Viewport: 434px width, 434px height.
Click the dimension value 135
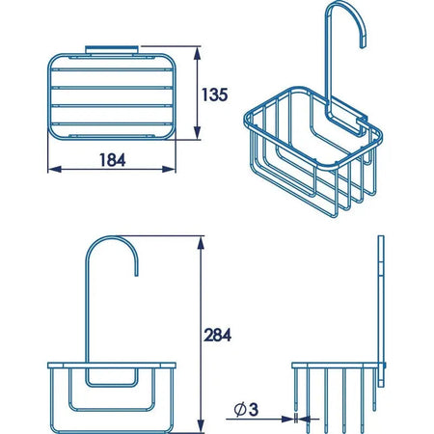coord(214,95)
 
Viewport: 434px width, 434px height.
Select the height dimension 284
coord(217,335)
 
